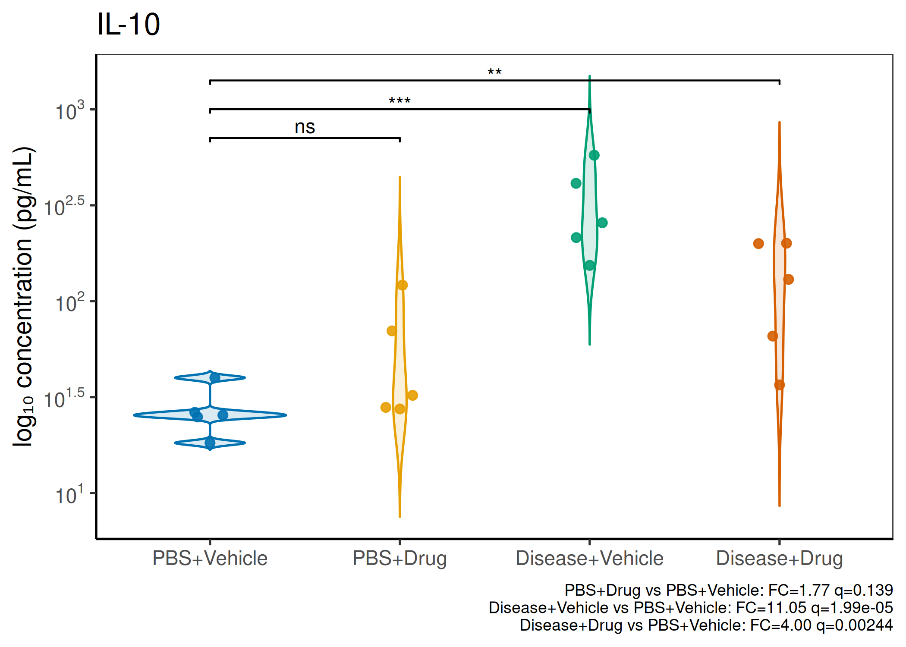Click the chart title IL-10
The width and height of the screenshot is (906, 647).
[129, 24]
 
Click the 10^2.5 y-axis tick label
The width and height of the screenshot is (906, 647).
[64, 207]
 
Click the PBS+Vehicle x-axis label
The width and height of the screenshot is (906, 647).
[210, 559]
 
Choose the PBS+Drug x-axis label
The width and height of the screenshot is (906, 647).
[400, 559]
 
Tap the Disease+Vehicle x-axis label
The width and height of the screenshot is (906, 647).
[589, 559]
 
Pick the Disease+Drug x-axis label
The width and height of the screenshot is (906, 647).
[779, 559]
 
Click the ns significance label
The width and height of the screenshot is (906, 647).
[305, 127]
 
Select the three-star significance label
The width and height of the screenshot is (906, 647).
[400, 101]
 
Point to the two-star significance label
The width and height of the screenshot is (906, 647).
[494, 72]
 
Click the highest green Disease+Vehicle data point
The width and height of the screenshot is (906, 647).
[594, 155]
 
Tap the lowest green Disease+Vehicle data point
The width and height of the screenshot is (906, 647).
[590, 265]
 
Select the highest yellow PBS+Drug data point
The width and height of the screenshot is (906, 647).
[402, 285]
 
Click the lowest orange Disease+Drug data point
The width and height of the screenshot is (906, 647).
[779, 385]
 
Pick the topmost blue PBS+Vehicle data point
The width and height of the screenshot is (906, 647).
[215, 378]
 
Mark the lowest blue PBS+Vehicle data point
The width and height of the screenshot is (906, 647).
[210, 443]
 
